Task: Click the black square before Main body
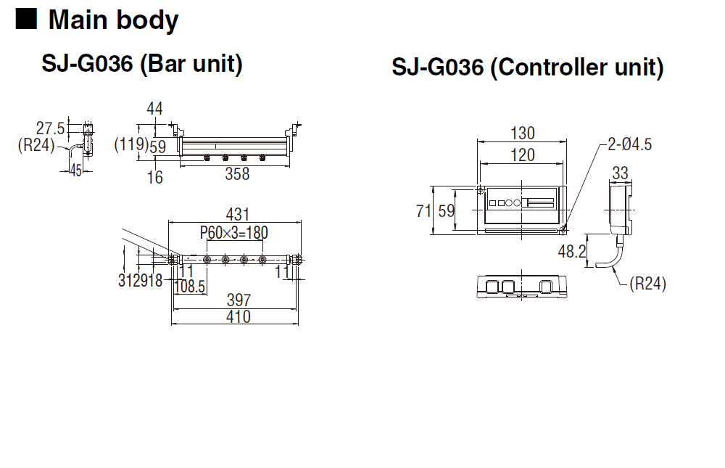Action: coord(26,19)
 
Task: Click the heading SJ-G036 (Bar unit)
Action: coord(142,63)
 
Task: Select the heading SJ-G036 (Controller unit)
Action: coord(528,67)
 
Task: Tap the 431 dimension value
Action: coord(238,214)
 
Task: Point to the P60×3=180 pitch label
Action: coord(234,232)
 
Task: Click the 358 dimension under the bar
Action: coord(237,174)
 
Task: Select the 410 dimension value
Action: coord(239,317)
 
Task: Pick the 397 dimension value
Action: coord(239,300)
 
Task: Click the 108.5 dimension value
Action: coord(189,287)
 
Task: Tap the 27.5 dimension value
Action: coord(51,128)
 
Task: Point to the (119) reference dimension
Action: coord(131,144)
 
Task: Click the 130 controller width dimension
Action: coord(523,134)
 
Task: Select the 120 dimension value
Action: coord(523,155)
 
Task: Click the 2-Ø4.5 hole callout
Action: coord(629,144)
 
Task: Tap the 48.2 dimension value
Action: coord(572,251)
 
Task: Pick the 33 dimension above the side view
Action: coord(620,173)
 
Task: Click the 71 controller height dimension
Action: coord(423,211)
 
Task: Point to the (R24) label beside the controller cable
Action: coord(647,283)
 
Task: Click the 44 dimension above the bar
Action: coord(154,109)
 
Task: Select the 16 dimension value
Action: coord(155,177)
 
